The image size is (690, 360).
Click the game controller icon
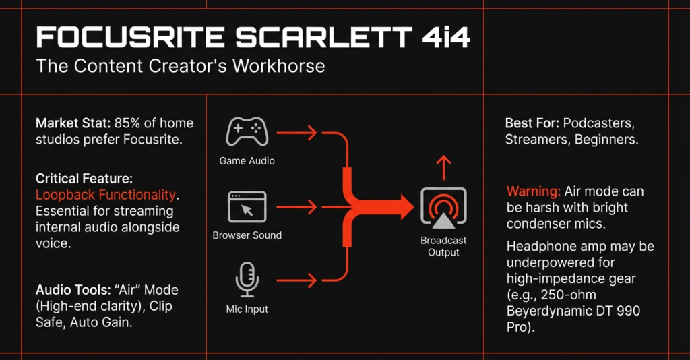(247, 131)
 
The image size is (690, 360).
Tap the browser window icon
(247, 207)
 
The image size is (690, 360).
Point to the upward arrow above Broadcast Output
(443, 168)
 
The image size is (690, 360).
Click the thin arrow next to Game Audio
(296, 132)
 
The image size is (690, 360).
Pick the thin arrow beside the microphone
(296, 280)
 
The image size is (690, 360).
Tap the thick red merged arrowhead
(405, 207)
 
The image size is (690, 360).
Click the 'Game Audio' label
(247, 161)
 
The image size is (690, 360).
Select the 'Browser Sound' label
(247, 235)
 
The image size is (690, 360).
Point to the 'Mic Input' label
(247, 309)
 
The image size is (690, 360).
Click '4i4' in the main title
(446, 37)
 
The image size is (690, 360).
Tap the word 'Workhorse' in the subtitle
(278, 66)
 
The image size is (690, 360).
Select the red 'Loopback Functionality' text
(106, 195)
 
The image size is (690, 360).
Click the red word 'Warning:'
(534, 191)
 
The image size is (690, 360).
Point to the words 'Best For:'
(532, 123)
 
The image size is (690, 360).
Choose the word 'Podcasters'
(599, 123)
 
